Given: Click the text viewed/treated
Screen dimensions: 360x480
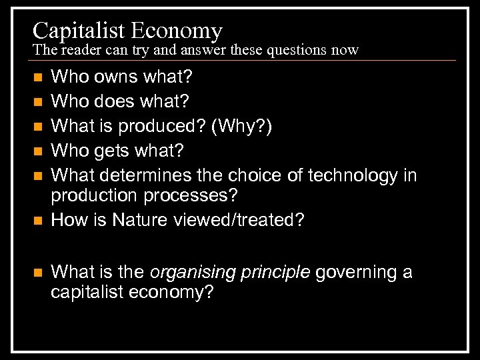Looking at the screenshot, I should [x=245, y=219].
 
